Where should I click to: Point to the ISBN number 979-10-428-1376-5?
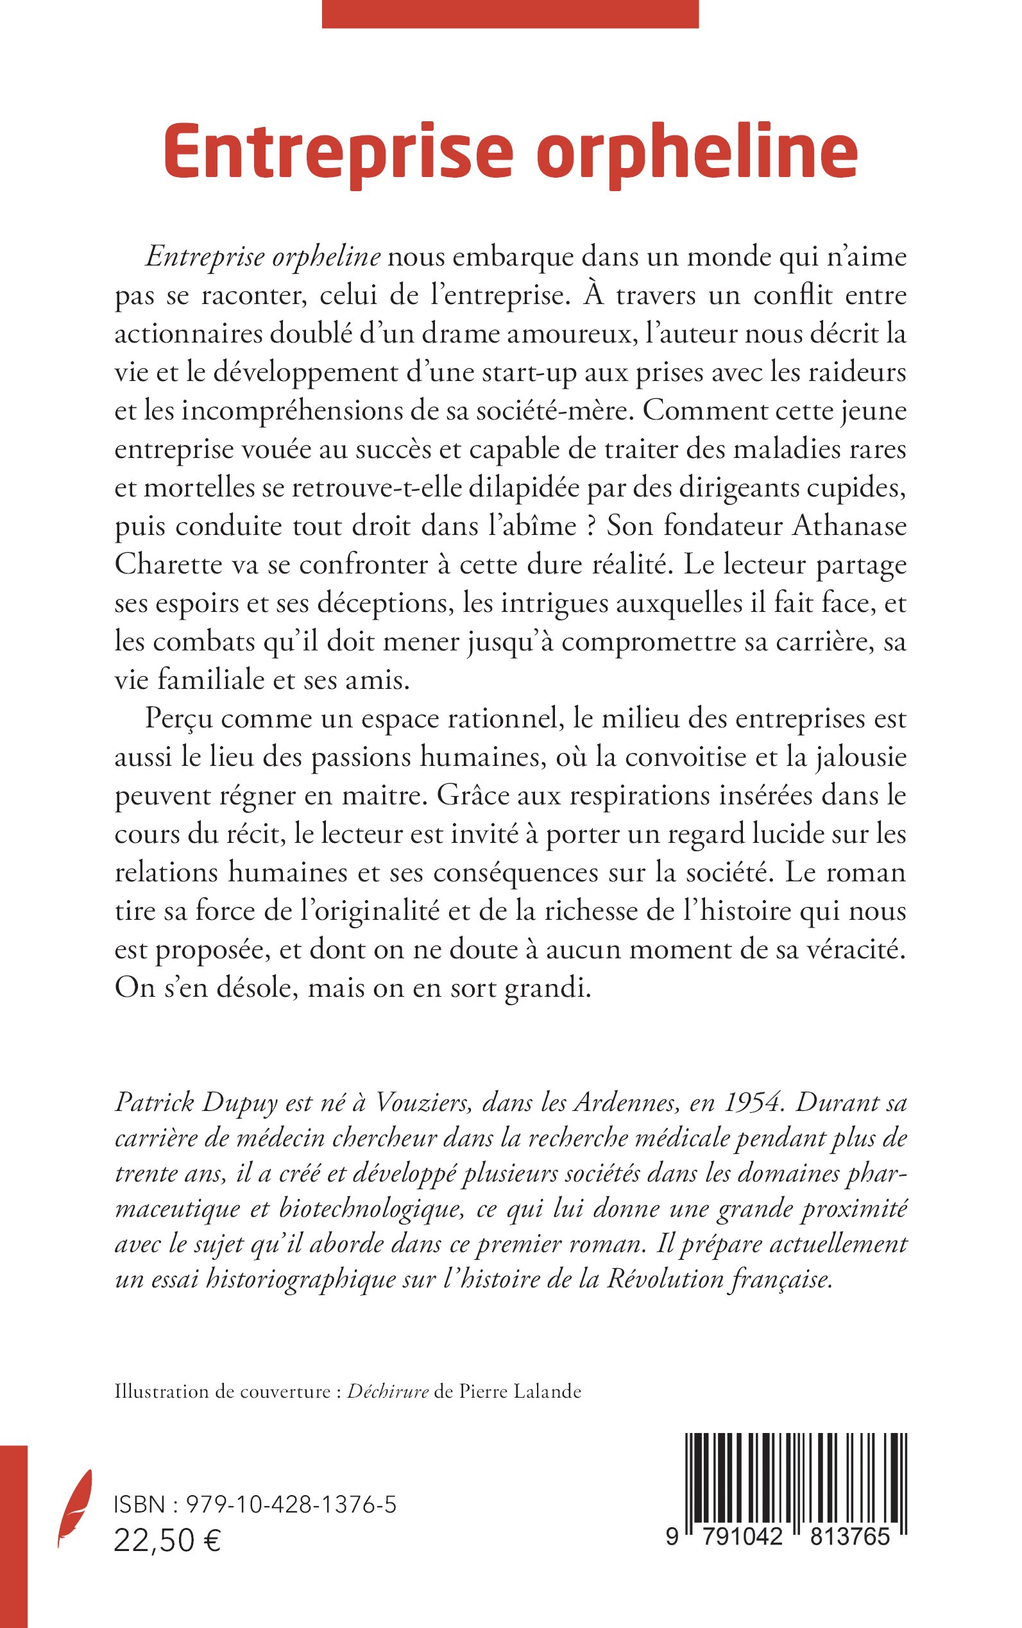point(290,1505)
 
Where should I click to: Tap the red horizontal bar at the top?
point(509,13)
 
